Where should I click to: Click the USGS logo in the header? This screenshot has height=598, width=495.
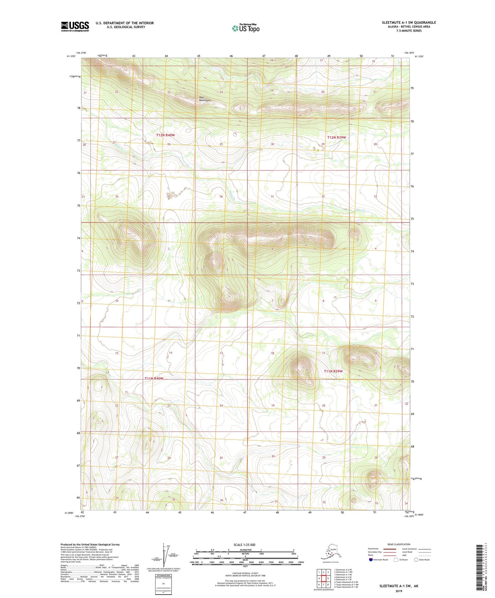(x=75, y=26)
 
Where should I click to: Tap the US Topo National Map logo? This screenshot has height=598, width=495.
(x=245, y=28)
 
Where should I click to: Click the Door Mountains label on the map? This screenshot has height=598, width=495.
(x=205, y=99)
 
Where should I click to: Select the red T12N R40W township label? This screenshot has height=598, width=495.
(x=165, y=135)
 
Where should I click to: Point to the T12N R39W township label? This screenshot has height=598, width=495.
(x=336, y=137)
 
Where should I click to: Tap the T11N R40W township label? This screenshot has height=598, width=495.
(x=154, y=378)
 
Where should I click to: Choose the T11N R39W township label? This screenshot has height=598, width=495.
(x=333, y=371)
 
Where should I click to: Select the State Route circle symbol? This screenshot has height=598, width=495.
(x=416, y=560)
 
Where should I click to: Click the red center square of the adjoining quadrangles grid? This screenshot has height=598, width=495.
(x=323, y=578)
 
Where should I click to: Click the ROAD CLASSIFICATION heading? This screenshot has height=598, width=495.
(x=399, y=544)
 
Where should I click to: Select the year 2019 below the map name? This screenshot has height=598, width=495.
(x=399, y=591)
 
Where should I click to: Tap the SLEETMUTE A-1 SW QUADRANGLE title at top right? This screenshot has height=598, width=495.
(x=409, y=23)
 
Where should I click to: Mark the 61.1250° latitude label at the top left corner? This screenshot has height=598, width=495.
(x=71, y=57)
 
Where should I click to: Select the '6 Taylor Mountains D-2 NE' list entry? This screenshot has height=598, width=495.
(x=347, y=582)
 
